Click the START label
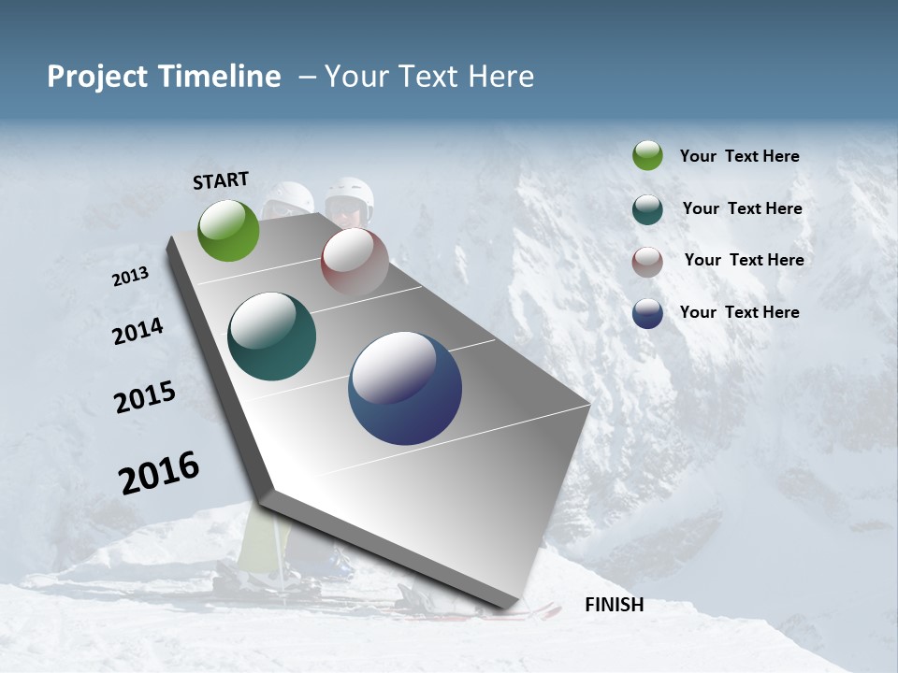point(221,180)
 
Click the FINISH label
point(614,605)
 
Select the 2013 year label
point(130,277)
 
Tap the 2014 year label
point(138,331)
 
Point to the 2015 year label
point(144,397)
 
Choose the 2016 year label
point(159,473)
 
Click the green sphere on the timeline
point(228,230)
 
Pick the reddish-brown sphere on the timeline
point(355,261)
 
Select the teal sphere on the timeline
point(271,336)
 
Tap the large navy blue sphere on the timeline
point(405,388)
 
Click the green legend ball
point(647,155)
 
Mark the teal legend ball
point(647,208)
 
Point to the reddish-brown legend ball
point(647,261)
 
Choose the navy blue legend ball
point(647,313)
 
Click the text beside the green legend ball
point(739,156)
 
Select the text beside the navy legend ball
point(739,312)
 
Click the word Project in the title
point(96,77)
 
